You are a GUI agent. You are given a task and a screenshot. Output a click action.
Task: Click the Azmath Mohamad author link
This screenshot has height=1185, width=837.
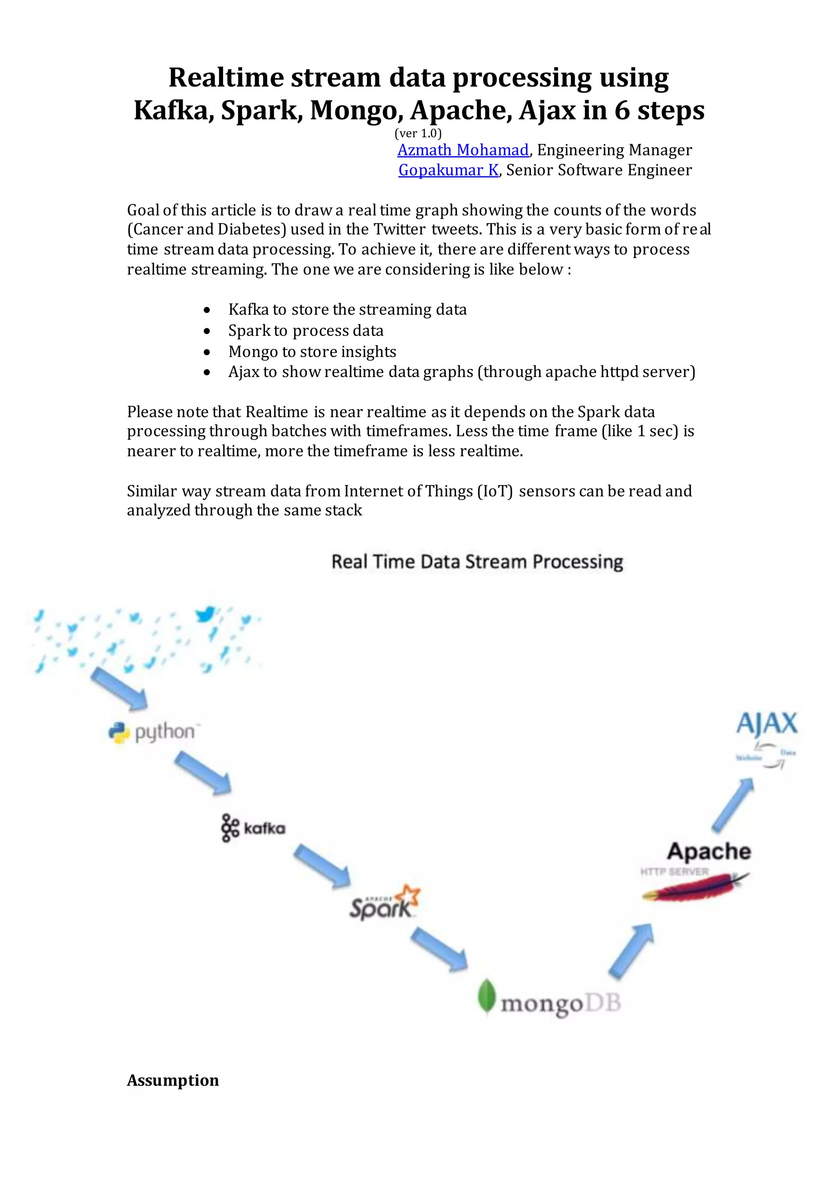click(x=463, y=150)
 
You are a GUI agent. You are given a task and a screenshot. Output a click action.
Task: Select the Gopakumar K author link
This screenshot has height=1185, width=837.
click(x=448, y=170)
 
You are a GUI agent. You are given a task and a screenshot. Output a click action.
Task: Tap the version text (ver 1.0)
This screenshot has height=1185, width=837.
click(x=418, y=134)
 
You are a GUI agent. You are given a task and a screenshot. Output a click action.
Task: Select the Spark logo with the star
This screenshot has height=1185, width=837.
click(x=384, y=903)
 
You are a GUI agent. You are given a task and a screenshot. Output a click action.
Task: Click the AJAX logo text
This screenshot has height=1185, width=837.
click(x=767, y=723)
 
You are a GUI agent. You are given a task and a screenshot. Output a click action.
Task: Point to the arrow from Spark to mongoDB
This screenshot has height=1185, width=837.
click(x=439, y=949)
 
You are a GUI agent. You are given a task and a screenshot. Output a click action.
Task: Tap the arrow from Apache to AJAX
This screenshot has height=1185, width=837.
click(x=733, y=805)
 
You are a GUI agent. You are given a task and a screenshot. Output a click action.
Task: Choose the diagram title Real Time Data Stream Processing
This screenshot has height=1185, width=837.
click(x=477, y=561)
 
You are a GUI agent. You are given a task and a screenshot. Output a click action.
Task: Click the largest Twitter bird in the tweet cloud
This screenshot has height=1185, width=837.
click(x=205, y=614)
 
